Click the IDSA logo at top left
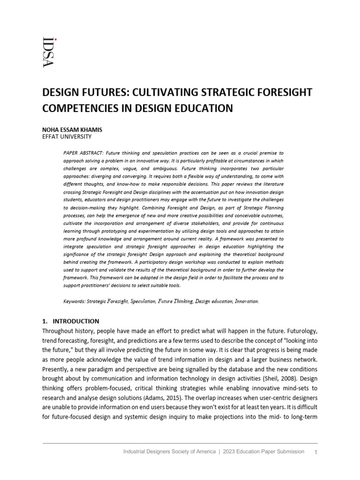tap(48, 52)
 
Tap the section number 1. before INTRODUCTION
tap(45, 322)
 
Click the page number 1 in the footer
tap(315, 452)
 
